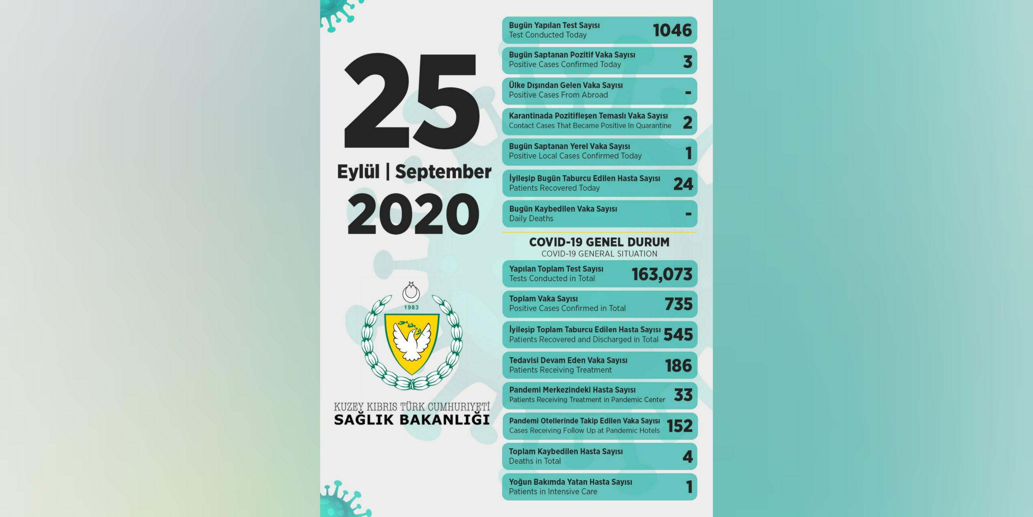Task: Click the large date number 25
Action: click(412, 101)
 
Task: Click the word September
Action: click(443, 172)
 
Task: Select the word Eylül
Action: click(358, 172)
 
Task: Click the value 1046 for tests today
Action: click(672, 30)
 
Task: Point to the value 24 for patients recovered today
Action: click(683, 184)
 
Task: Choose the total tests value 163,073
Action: click(662, 274)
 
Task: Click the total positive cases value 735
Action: click(678, 304)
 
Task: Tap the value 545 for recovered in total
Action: click(678, 334)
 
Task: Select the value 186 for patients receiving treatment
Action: click(678, 366)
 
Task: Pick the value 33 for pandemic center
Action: click(683, 395)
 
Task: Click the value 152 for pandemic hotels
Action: click(680, 426)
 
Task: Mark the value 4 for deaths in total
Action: click(688, 457)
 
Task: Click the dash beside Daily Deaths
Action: click(688, 214)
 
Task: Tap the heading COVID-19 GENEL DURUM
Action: click(599, 242)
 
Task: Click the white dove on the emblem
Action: click(412, 341)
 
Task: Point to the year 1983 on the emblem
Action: click(411, 307)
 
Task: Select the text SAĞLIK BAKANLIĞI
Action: click(412, 420)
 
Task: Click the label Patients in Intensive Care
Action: click(553, 492)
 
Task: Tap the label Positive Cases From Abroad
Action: click(558, 95)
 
